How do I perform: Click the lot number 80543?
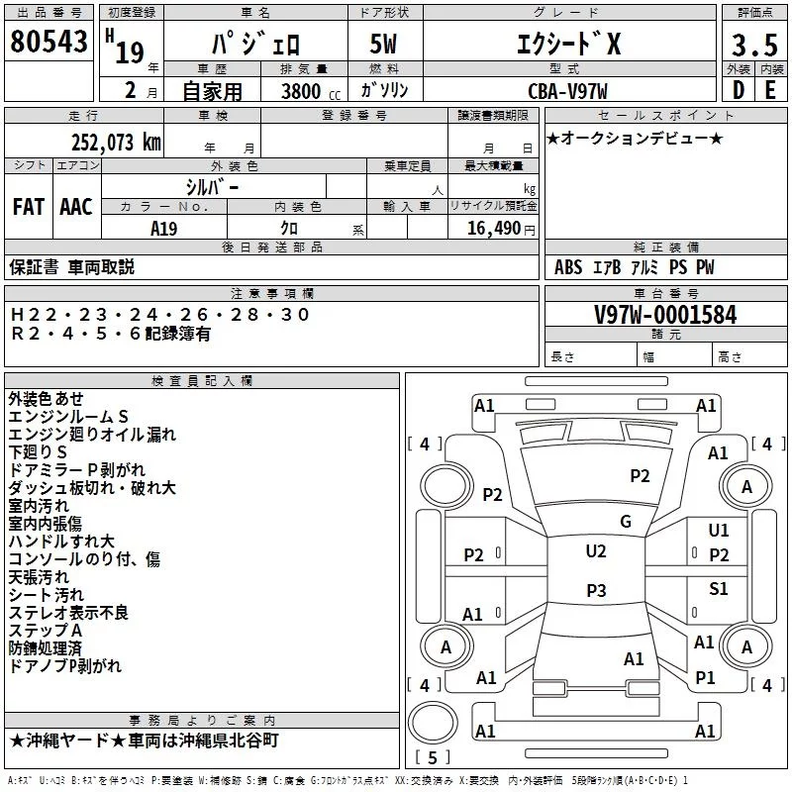[49, 43]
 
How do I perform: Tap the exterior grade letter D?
[738, 88]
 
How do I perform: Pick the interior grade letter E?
[770, 88]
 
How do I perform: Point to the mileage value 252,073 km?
[116, 142]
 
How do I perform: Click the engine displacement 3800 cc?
[306, 91]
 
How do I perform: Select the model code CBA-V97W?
[567, 91]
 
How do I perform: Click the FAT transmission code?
[28, 207]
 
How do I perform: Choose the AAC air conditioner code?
[75, 207]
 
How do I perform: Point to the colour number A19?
[164, 228]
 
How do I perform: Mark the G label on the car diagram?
[625, 521]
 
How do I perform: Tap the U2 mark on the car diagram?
[595, 551]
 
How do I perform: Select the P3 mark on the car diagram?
[595, 590]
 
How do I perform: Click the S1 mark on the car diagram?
[719, 589]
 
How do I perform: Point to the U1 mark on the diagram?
[719, 531]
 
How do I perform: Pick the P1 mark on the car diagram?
[705, 678]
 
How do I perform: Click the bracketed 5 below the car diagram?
[434, 757]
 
